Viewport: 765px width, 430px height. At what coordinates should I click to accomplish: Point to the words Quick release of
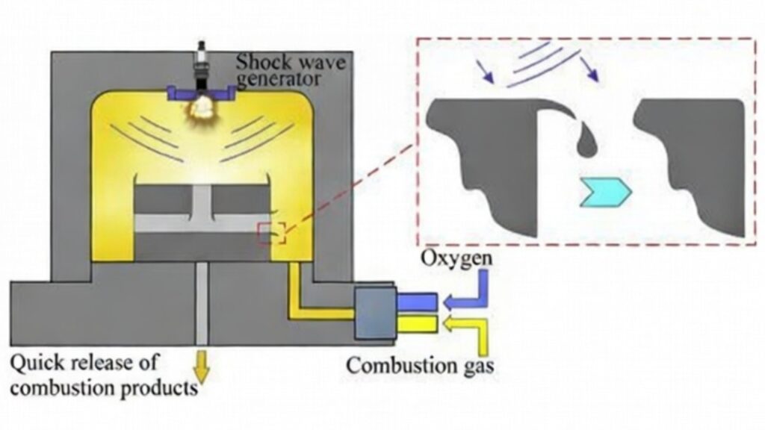[x=84, y=364]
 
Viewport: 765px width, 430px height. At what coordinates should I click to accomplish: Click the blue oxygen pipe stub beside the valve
[x=417, y=300]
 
